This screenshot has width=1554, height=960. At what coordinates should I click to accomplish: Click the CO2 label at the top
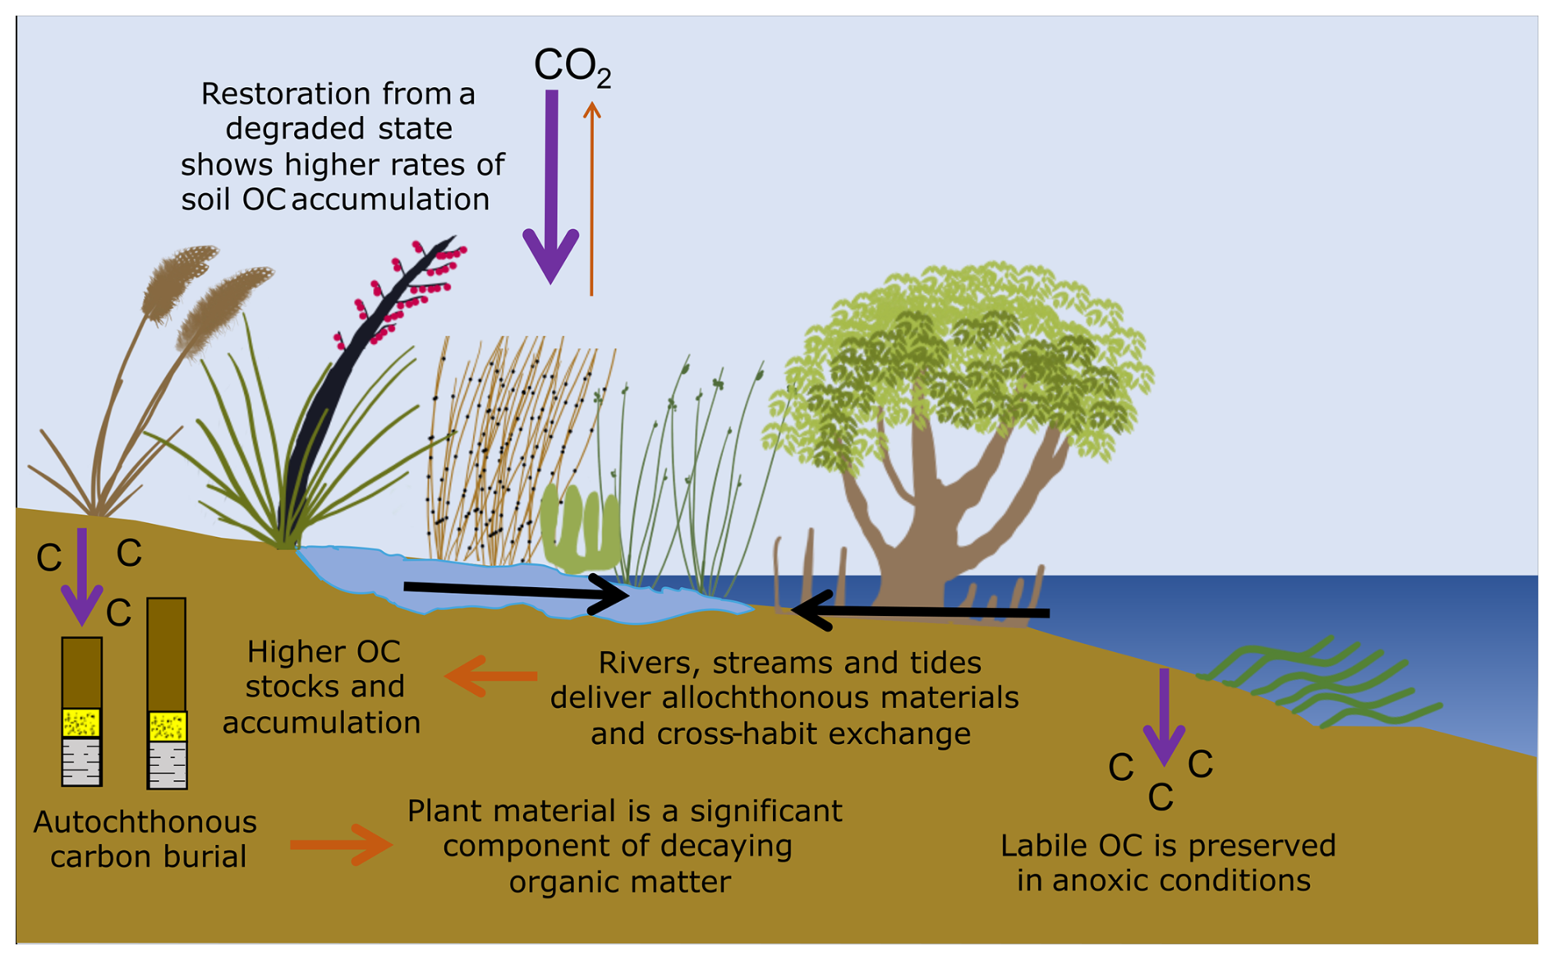coord(571,66)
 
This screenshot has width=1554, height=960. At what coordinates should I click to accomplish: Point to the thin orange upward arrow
coord(591,197)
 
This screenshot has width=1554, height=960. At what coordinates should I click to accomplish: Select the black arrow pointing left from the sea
coord(920,612)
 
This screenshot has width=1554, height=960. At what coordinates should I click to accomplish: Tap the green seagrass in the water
coord(1314,682)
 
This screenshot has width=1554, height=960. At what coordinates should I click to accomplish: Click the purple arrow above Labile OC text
coord(1164,714)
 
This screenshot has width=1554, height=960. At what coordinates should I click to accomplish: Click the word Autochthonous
coord(145,822)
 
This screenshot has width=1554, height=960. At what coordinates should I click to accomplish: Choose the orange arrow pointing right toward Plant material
coord(341,844)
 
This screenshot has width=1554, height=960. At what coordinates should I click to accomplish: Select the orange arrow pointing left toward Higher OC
coord(491,676)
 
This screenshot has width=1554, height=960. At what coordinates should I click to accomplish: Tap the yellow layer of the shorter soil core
coord(82,723)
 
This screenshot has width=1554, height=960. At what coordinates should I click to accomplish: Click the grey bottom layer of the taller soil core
coord(167,765)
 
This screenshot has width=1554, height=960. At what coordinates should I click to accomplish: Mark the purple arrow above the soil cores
coord(82,575)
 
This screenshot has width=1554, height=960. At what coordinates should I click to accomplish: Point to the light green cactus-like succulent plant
coord(579,530)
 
